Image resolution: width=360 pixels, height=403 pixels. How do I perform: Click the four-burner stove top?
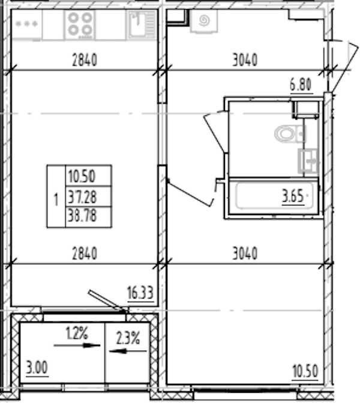pos(80,25)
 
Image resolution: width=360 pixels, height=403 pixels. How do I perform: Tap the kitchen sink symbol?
pos(142,25)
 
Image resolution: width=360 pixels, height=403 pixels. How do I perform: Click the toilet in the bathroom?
pos(290,134)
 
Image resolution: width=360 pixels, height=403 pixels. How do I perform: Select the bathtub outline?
pos(274,195)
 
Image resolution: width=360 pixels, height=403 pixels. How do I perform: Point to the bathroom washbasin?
pos(308,160)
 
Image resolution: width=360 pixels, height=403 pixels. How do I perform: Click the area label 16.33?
pos(140,293)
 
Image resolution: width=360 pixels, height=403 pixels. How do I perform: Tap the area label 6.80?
pos(301,85)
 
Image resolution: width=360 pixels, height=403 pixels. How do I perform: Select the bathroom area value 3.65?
pos(293,196)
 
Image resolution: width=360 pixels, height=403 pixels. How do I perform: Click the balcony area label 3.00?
pos(37,368)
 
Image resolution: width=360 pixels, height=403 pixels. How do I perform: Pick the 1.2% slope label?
pos(77,333)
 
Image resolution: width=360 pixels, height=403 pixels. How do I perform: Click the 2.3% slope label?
pos(128,338)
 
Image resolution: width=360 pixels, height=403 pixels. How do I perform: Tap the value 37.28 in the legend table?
pos(82,197)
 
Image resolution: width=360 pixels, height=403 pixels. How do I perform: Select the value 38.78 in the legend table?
pos(82,216)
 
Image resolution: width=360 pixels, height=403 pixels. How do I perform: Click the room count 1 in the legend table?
pos(56,199)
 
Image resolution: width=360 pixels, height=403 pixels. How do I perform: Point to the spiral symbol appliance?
pos(204,20)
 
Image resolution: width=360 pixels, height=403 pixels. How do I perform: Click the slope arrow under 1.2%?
pos(77,346)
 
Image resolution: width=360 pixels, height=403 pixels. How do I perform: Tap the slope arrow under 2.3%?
pos(128,351)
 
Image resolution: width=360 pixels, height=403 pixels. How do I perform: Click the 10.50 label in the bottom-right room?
pos(305,371)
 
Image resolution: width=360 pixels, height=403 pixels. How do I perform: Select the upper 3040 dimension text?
pos(245,59)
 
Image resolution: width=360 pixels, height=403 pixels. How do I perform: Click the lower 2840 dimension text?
pos(85,253)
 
